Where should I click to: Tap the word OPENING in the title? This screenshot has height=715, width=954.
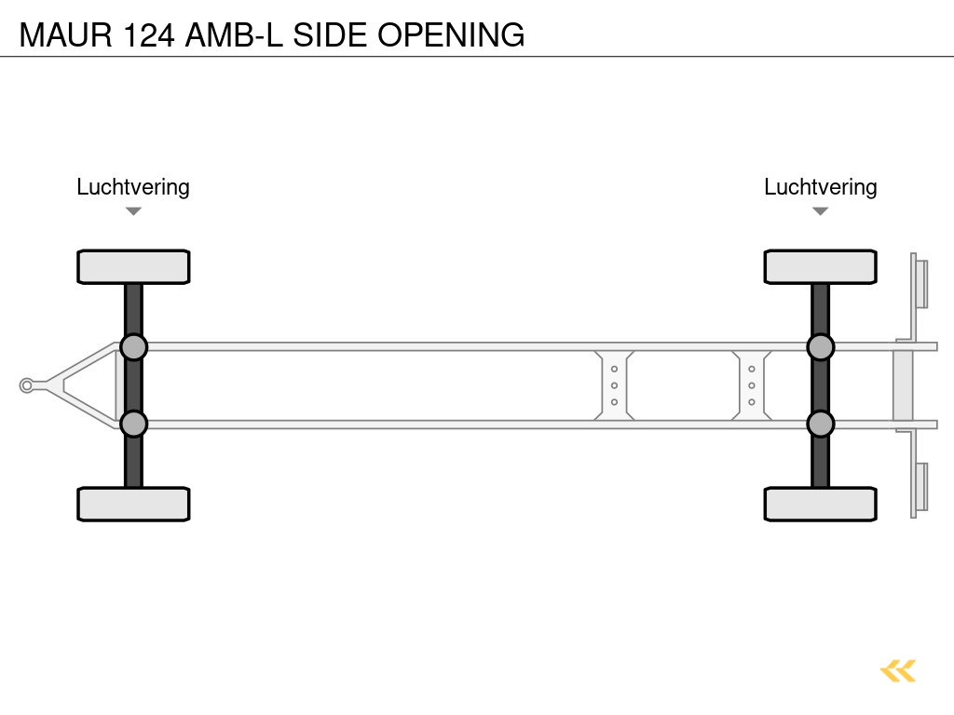click(x=451, y=35)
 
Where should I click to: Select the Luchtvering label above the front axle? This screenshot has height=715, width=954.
click(x=133, y=187)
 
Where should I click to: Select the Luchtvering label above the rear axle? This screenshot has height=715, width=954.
click(x=820, y=187)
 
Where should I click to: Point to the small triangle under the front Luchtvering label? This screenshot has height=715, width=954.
click(x=133, y=211)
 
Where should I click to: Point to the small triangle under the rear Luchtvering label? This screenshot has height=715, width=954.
click(x=820, y=211)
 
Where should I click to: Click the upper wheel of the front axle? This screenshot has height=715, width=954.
click(x=133, y=266)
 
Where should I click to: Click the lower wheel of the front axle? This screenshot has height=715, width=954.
click(x=133, y=504)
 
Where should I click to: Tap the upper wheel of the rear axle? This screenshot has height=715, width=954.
click(x=820, y=266)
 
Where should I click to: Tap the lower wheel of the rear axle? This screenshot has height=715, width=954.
click(x=820, y=504)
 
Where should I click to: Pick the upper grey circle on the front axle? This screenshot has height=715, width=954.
click(x=133, y=347)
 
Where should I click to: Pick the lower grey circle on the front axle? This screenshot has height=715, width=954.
click(x=133, y=424)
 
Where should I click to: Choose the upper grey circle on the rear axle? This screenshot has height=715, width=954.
click(x=820, y=347)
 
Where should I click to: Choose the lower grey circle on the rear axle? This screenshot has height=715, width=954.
click(x=820, y=424)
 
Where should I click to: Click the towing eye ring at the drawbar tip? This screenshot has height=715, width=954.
click(x=27, y=385)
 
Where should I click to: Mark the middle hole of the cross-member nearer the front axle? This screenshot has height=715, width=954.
click(x=614, y=385)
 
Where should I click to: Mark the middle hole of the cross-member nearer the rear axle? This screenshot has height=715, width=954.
click(x=751, y=385)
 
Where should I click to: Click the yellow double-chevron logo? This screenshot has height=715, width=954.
click(x=898, y=670)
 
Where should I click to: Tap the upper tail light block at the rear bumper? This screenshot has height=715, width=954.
click(x=921, y=284)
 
